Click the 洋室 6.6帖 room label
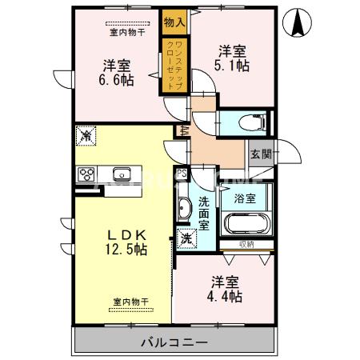117,71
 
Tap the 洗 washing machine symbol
185,238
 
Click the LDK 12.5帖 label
129,242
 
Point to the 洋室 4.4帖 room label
226,289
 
